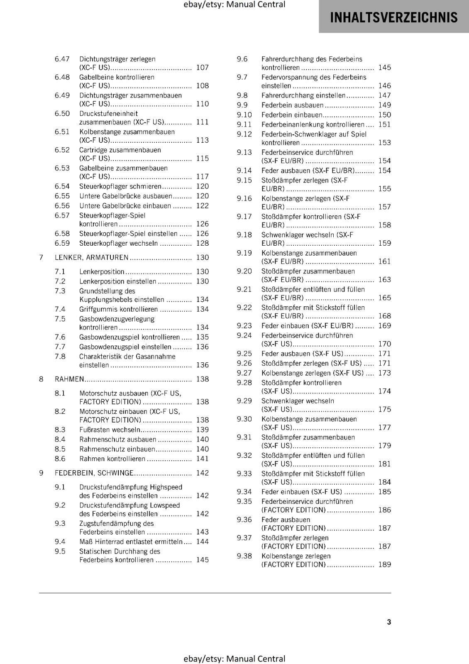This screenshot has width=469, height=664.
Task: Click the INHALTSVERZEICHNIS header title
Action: pyautogui.click(x=393, y=17)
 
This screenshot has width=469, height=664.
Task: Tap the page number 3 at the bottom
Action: pyautogui.click(x=389, y=622)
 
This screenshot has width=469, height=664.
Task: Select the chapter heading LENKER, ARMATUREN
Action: pyautogui.click(x=92, y=257)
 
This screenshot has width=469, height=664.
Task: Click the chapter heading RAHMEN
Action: pyautogui.click(x=69, y=379)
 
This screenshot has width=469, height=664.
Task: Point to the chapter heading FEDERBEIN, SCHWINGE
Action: pyautogui.click(x=94, y=473)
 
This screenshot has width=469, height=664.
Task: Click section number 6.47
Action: pyautogui.click(x=62, y=59)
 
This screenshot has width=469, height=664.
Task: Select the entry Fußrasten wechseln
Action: pyautogui.click(x=110, y=430)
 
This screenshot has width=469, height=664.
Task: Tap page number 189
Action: pyautogui.click(x=384, y=564)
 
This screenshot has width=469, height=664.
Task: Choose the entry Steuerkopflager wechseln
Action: pyautogui.click(x=118, y=243)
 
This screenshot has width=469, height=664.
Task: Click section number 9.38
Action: pyautogui.click(x=244, y=556)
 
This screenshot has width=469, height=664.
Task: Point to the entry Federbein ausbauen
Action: pyautogui.click(x=292, y=105)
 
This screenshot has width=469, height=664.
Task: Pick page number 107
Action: pyautogui.click(x=203, y=67)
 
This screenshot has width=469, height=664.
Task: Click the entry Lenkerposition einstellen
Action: pyautogui.click(x=117, y=281)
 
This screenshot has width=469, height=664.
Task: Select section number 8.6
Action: pyautogui.click(x=60, y=459)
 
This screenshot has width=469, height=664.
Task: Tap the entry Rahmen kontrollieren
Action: pyautogui.click(x=112, y=459)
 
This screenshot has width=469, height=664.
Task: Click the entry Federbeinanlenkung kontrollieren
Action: pyautogui.click(x=313, y=124)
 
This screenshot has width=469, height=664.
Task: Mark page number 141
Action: pyautogui.click(x=203, y=459)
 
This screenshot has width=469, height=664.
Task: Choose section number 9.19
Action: pyautogui.click(x=244, y=253)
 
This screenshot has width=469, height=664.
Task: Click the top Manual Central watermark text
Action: pyautogui.click(x=234, y=5)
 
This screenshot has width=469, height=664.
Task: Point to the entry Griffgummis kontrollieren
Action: pyautogui.click(x=118, y=309)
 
